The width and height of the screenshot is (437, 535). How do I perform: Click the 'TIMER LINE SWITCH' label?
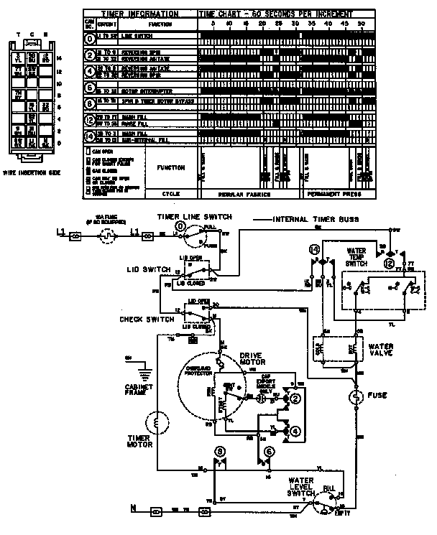(x=188, y=216)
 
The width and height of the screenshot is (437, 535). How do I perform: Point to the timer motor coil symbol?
(x=153, y=422)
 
